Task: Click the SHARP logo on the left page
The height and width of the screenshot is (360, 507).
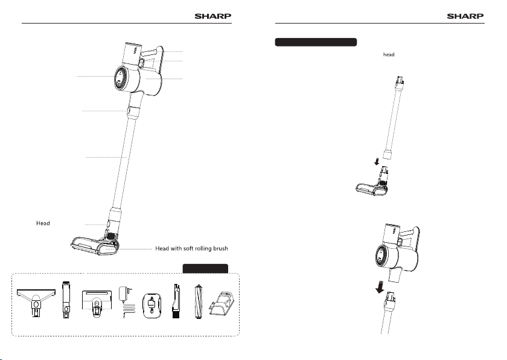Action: (x=212, y=16)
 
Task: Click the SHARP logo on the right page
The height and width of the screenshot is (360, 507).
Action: (x=465, y=16)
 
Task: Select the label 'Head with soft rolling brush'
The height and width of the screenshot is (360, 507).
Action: (x=191, y=248)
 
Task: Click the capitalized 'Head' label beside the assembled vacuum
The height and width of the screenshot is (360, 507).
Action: (x=43, y=223)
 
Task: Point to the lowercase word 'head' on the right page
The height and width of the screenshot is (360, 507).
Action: (x=389, y=54)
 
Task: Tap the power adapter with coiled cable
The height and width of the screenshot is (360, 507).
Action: (x=126, y=302)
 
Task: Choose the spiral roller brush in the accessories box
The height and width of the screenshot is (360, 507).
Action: (x=198, y=301)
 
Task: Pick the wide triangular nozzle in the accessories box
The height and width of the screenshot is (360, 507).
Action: (x=36, y=303)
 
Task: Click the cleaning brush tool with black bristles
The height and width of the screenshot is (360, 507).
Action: (x=176, y=301)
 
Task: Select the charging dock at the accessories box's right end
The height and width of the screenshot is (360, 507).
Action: (x=222, y=303)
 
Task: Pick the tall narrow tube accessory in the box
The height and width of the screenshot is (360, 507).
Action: (x=66, y=300)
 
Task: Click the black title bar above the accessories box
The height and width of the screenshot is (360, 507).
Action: (x=205, y=268)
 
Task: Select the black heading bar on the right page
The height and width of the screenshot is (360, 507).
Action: (x=316, y=42)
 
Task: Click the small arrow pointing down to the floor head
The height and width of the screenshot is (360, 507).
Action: (x=377, y=161)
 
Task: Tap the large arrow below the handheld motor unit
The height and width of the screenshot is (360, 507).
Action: (x=380, y=288)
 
